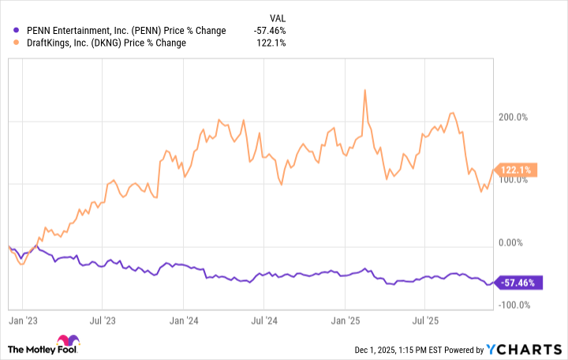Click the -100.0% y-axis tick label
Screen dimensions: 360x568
518,305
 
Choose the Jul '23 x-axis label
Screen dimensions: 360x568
104,321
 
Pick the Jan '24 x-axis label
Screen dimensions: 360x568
185,321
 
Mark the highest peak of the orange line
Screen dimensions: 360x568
364,90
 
